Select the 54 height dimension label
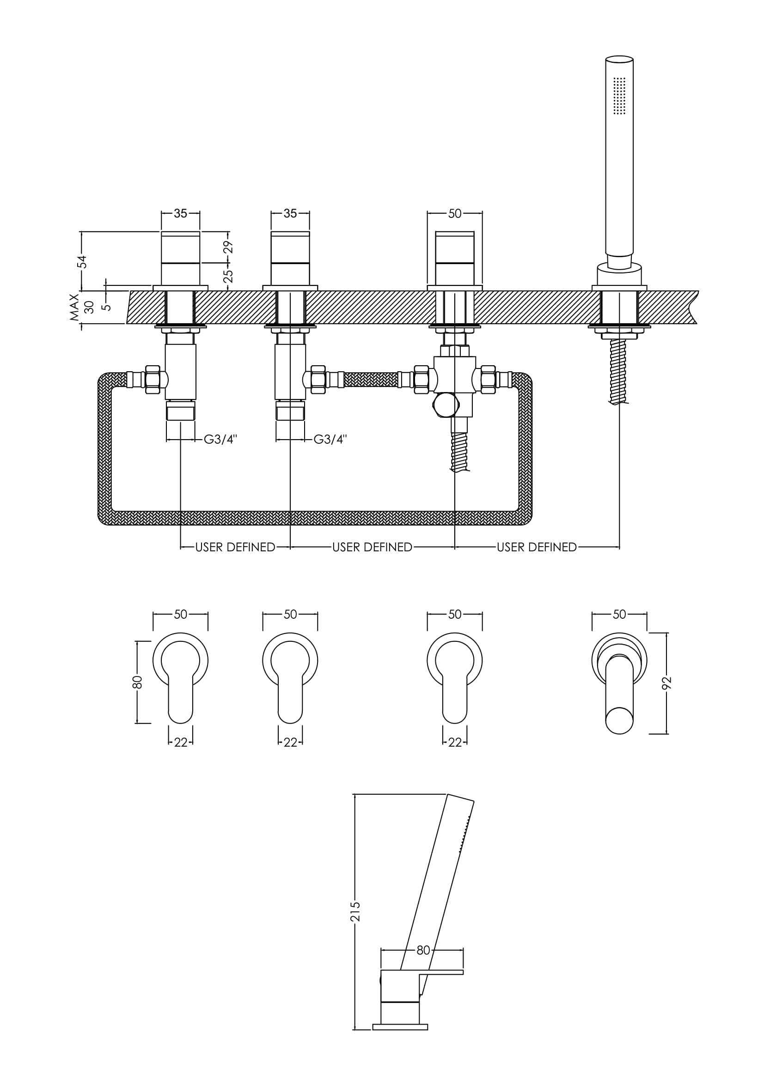point(82,261)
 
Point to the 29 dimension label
point(228,247)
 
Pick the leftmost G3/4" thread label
point(220,439)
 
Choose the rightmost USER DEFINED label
point(537,547)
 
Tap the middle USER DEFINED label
point(372,547)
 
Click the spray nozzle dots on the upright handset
point(620,96)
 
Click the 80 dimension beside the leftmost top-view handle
point(137,682)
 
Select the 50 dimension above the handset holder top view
point(619,614)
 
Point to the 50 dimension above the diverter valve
point(455,214)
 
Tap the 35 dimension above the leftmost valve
point(180,214)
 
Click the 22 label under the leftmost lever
point(180,742)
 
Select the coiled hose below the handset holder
point(619,372)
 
